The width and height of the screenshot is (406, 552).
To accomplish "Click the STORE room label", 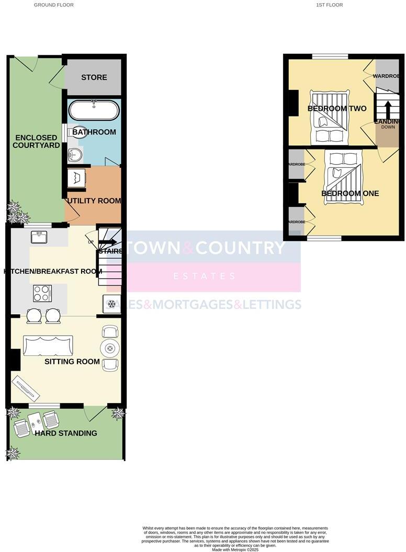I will [94, 77].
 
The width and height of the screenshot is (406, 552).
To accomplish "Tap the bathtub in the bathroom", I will [94, 110].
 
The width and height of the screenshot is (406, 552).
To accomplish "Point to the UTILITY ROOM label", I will [94, 201].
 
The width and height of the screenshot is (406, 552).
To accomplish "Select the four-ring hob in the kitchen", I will [42, 293].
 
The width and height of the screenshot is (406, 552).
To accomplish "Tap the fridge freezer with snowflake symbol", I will [111, 304].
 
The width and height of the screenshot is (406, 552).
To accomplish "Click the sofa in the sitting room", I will [47, 346].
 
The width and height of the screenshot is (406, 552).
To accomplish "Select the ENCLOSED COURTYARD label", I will [36, 141].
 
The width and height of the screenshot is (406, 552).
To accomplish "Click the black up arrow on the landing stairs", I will [388, 108].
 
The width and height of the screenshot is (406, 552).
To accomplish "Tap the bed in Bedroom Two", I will [330, 117].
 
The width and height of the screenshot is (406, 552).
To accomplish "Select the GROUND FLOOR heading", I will [54, 5].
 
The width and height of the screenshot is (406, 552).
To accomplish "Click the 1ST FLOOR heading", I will [330, 5].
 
